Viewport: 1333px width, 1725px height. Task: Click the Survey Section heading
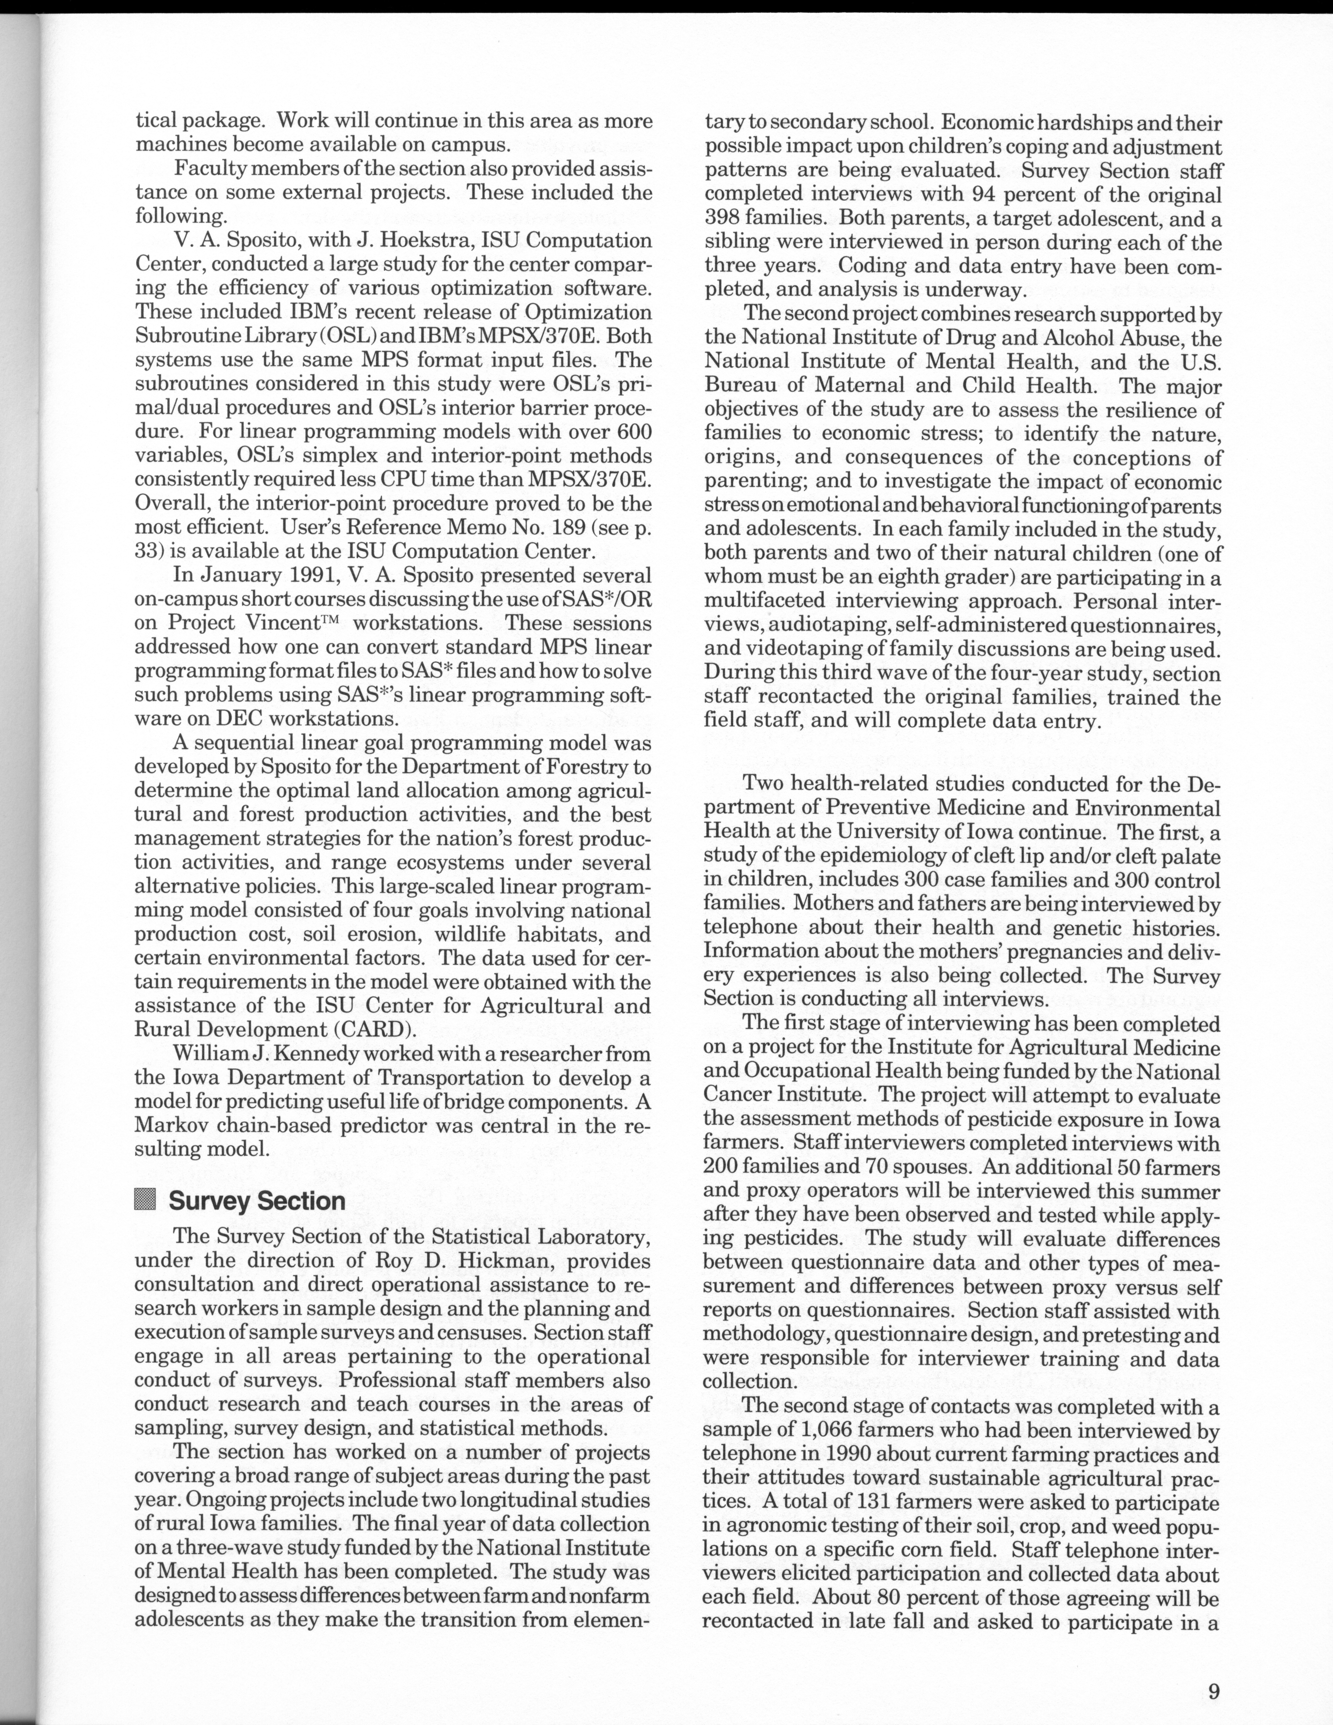click(x=257, y=1200)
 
